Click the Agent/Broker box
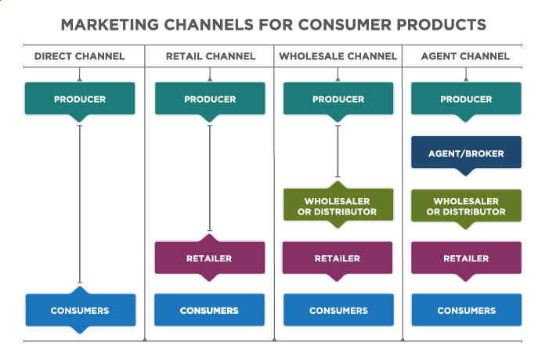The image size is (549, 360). click(466, 153)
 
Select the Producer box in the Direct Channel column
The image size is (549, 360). click(80, 99)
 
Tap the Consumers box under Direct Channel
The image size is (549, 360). click(80, 310)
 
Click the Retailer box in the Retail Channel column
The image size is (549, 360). click(210, 258)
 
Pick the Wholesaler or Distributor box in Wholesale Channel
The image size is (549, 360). click(338, 206)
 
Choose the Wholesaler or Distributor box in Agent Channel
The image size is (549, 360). click(466, 207)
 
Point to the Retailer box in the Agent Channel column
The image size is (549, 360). click(466, 258)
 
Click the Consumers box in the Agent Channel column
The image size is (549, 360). click(466, 310)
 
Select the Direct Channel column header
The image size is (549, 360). click(79, 56)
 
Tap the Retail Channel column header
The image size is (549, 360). click(211, 56)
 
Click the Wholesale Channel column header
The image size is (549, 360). click(338, 56)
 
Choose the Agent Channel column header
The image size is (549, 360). click(465, 56)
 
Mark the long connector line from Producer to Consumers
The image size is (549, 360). click(80, 204)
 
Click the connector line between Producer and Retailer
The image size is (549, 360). click(210, 178)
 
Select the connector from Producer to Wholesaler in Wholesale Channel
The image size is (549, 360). click(338, 151)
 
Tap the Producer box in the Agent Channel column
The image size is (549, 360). click(466, 99)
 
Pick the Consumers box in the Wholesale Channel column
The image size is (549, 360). click(338, 310)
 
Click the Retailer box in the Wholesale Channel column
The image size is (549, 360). click(338, 258)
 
